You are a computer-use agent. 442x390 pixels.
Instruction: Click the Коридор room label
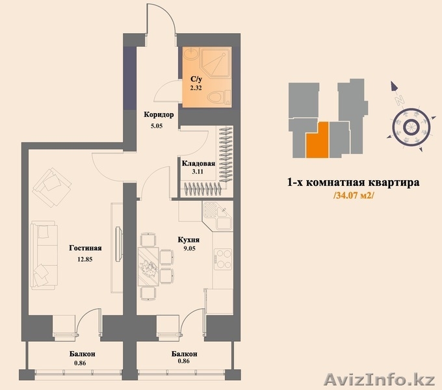pos(159,114)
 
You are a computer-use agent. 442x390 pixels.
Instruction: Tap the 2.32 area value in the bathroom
pos(196,88)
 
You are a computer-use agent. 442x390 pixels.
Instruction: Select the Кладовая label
pos(198,164)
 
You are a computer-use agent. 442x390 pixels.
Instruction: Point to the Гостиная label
pos(85,248)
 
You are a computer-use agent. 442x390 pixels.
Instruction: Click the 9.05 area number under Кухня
pos(189,248)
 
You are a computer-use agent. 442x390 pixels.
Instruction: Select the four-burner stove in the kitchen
pos(223,259)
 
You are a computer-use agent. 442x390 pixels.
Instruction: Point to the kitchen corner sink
pos(218,216)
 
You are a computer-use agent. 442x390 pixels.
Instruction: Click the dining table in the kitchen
pos(148,266)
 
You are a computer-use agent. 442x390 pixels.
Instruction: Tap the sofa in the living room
pos(44,255)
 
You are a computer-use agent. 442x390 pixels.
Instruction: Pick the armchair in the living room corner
pos(51,188)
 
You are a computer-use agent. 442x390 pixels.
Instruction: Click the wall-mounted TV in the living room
pos(119,244)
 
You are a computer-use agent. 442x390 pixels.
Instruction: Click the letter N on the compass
pos(398,100)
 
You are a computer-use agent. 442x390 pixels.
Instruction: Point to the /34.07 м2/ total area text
pos(354,196)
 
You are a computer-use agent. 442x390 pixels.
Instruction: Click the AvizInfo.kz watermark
pos(380,380)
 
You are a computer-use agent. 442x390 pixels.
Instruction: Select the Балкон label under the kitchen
pos(185,354)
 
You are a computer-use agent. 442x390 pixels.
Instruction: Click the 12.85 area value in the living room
pos(85,259)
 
